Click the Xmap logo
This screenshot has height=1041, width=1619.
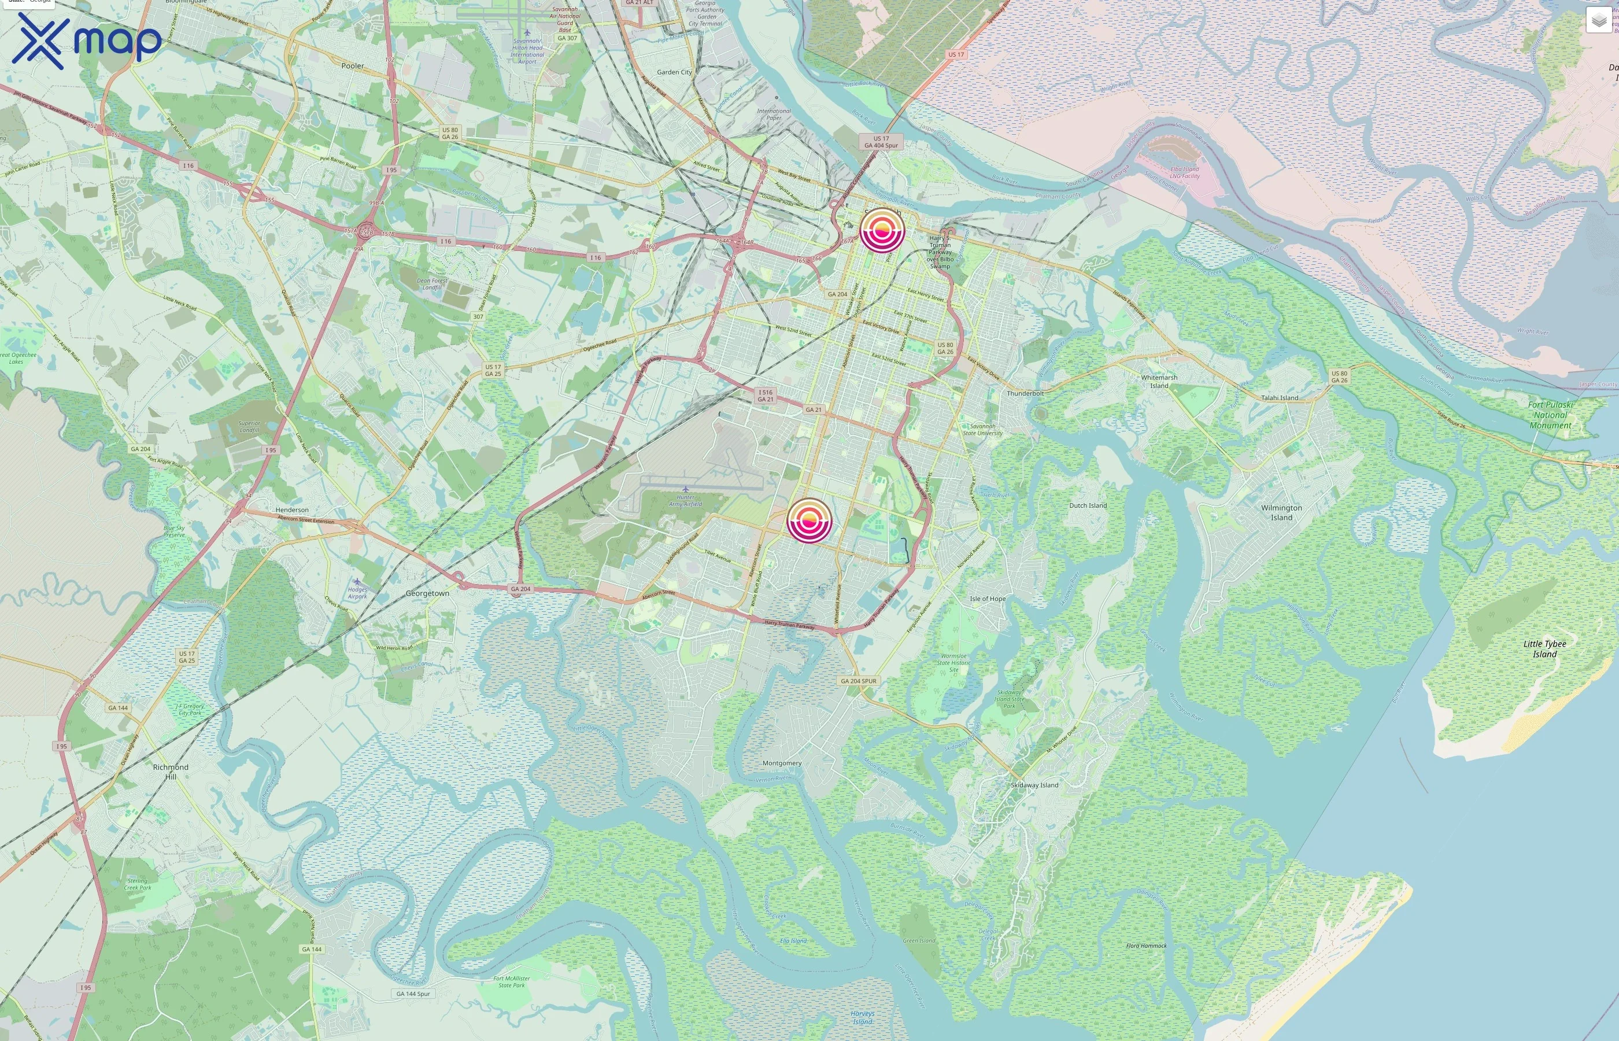(87, 40)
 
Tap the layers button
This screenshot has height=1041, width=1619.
(1598, 20)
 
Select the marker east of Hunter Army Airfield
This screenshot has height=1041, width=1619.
(809, 520)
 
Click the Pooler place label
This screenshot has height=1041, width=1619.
(353, 65)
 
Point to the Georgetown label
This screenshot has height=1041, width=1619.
(427, 593)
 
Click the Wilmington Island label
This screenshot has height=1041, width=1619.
(1281, 512)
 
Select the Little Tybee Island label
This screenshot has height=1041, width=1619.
(1544, 648)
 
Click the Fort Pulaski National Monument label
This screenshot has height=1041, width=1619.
(1550, 415)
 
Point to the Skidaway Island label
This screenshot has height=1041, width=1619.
(1034, 785)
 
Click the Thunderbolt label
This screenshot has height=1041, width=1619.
(1025, 393)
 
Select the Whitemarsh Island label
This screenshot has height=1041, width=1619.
(1159, 381)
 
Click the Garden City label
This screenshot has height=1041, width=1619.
(674, 72)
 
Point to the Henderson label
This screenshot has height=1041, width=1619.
(292, 510)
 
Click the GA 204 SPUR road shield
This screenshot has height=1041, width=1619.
(858, 681)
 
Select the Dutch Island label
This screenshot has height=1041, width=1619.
(1088, 505)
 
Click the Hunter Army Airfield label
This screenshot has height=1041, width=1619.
(685, 500)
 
